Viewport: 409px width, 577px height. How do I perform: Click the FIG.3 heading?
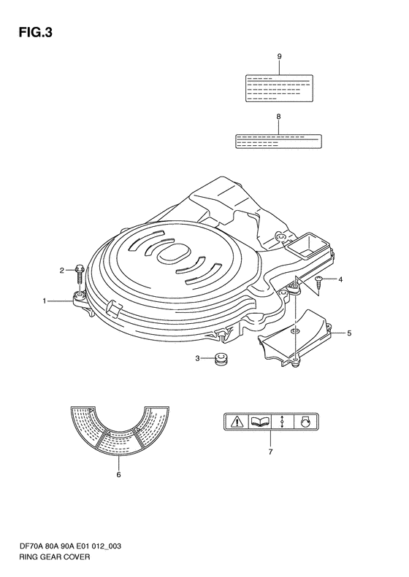coord(35,33)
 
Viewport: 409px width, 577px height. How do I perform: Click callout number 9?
coord(279,56)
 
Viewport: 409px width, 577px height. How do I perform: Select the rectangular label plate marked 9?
coord(279,88)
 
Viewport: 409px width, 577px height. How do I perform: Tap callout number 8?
coord(278,116)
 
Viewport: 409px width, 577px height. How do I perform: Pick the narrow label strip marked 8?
coord(278,142)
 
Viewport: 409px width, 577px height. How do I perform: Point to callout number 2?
coord(62,271)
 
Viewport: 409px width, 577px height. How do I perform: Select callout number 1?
coord(45,301)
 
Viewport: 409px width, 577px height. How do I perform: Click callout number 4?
coord(340,279)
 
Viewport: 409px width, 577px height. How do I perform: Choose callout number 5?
coord(349,333)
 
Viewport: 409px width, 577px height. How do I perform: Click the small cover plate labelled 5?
coord(295,338)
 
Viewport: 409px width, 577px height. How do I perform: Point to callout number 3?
coord(197,358)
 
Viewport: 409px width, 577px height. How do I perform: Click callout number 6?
coord(118,475)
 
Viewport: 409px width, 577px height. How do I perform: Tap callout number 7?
coord(270,452)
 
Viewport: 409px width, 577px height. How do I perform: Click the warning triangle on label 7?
coord(236,421)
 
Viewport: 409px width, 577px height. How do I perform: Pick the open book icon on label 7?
coord(260,422)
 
